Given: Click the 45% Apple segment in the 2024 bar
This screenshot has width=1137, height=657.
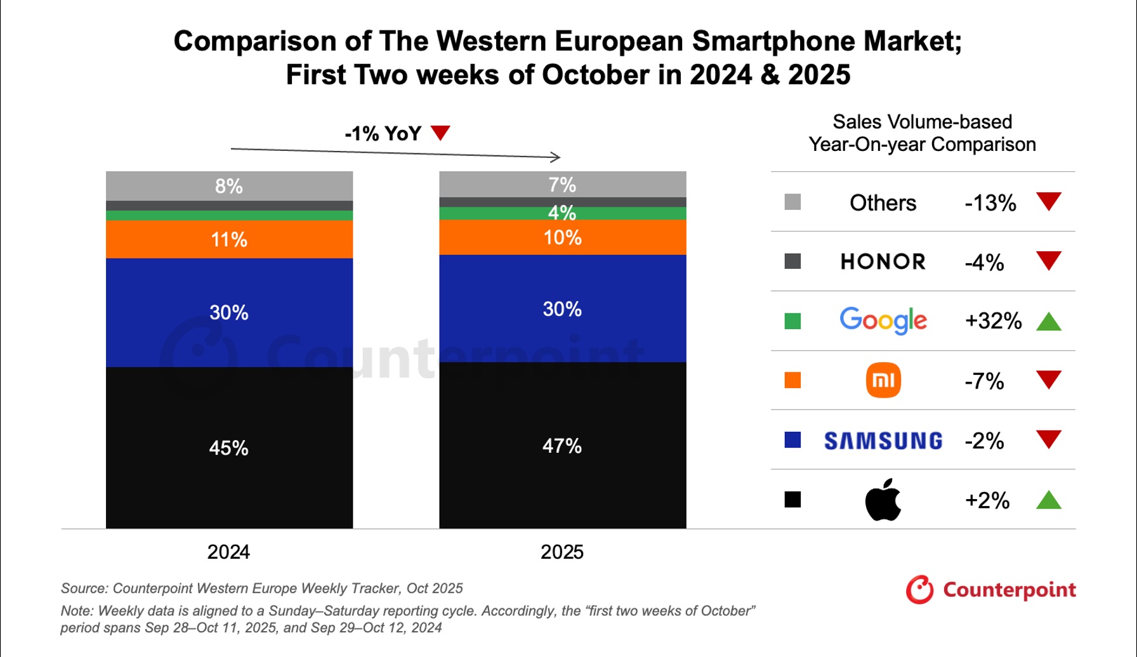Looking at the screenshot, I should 229,448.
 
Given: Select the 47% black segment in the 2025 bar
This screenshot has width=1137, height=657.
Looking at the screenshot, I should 562,445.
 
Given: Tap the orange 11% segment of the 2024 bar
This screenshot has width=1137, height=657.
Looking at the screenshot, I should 229,239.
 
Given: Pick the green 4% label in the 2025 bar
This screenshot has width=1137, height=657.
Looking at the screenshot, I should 562,212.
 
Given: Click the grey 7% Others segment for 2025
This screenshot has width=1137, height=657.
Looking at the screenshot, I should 562,185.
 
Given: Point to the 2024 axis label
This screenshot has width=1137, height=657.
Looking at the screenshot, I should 228,552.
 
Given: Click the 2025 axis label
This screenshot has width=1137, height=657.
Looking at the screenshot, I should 562,552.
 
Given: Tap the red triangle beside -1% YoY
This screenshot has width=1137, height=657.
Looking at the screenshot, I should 440,133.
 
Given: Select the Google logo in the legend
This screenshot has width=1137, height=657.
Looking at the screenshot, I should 883,320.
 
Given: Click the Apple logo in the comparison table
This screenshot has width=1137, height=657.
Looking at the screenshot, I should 883,500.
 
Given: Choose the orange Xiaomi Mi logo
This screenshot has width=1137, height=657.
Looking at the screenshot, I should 883,380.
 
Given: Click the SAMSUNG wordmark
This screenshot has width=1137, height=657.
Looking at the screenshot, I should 883,440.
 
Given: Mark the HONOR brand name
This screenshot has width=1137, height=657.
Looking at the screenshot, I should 883,261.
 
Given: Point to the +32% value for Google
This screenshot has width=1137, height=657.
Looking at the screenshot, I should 992,321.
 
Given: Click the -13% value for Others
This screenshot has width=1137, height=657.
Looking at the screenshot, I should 990,203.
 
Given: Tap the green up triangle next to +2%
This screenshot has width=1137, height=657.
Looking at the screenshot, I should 1048,500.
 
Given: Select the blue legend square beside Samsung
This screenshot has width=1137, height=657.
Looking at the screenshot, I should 792,439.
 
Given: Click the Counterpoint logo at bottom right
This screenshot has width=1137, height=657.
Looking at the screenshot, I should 990,590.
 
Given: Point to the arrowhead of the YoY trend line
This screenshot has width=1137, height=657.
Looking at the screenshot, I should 556,157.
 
